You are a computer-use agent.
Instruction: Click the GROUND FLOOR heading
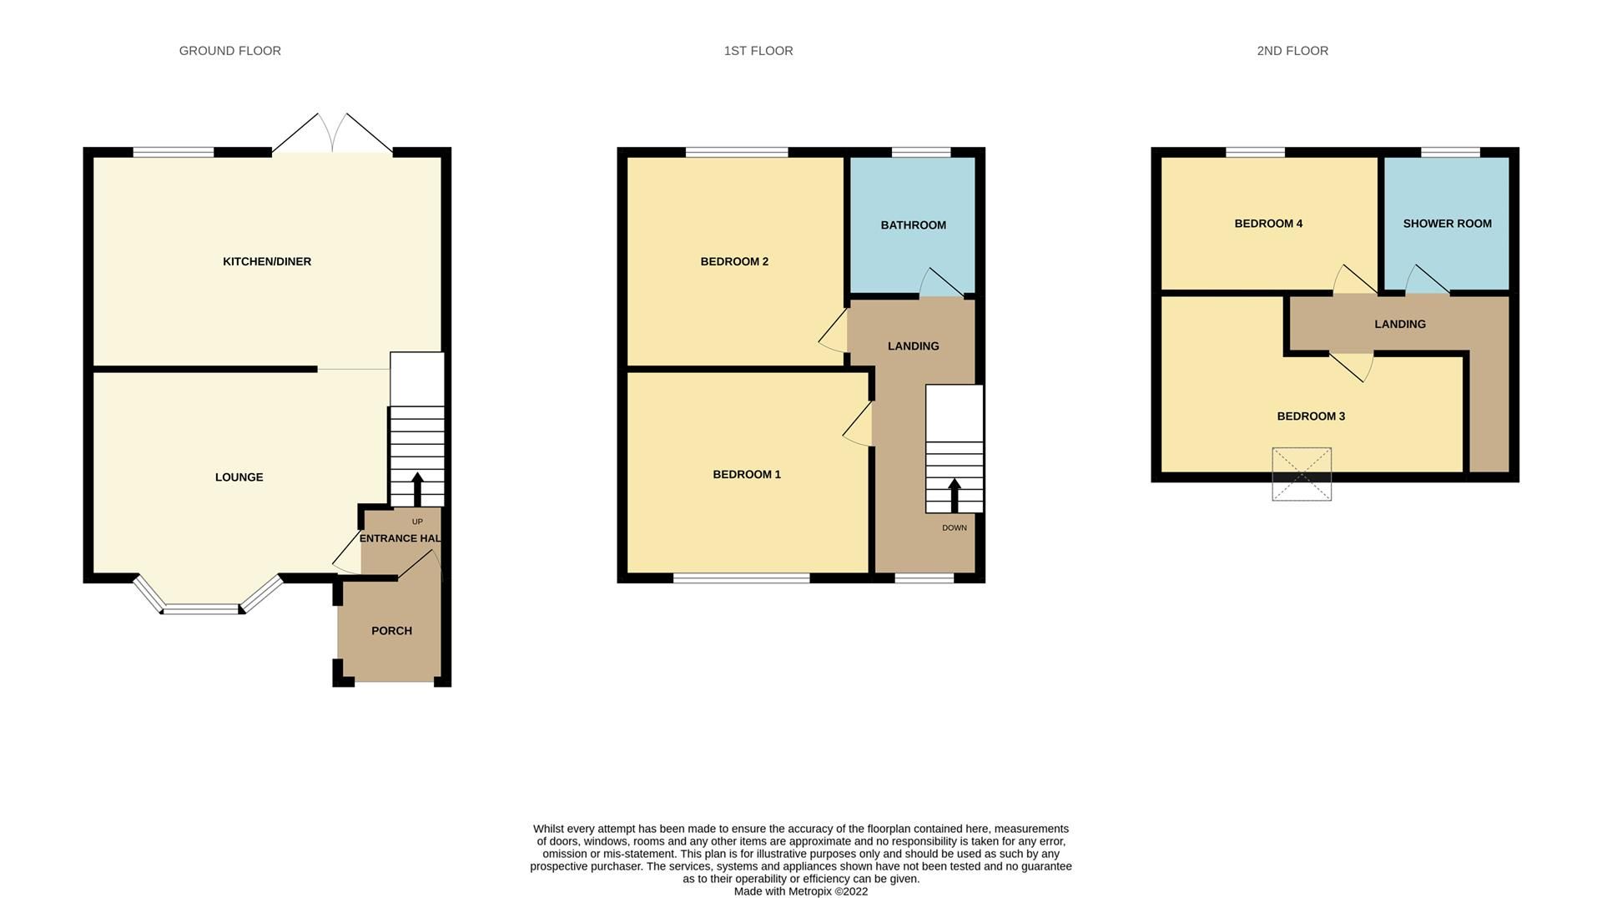pyautogui.click(x=229, y=51)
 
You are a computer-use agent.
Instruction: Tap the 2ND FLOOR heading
pyautogui.click(x=1292, y=51)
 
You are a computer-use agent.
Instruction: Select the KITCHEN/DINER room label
pyautogui.click(x=266, y=261)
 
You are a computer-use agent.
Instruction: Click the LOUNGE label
pyautogui.click(x=239, y=477)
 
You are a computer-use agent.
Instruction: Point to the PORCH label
pyautogui.click(x=391, y=631)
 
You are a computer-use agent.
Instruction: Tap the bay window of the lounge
pyautogui.click(x=202, y=607)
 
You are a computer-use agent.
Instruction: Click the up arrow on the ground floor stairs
pyautogui.click(x=417, y=487)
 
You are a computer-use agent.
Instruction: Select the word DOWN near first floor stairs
pyautogui.click(x=954, y=527)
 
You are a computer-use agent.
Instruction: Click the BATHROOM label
pyautogui.click(x=913, y=225)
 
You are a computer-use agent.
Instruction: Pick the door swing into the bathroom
pyautogui.click(x=940, y=284)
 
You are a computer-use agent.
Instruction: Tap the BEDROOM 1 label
pyautogui.click(x=746, y=474)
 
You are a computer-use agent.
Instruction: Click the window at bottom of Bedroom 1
pyautogui.click(x=741, y=578)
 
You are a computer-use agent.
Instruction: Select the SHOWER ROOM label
pyautogui.click(x=1447, y=224)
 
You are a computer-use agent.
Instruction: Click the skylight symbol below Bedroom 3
pyautogui.click(x=1301, y=474)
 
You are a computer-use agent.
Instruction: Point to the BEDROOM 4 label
pyautogui.click(x=1267, y=224)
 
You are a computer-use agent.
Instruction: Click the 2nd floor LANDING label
pyautogui.click(x=1399, y=324)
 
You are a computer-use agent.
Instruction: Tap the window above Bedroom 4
pyautogui.click(x=1254, y=152)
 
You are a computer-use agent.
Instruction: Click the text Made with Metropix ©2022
pyautogui.click(x=800, y=891)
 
